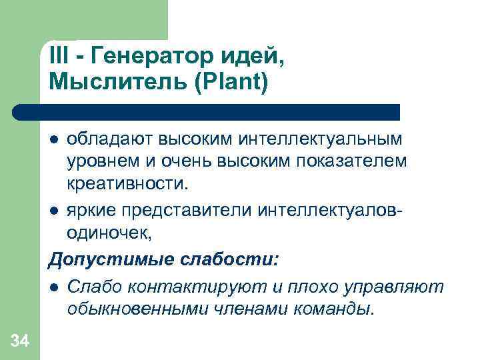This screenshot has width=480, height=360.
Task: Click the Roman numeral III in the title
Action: pyautogui.click(x=59, y=57)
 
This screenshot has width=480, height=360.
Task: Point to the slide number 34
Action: pyautogui.click(x=20, y=342)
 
